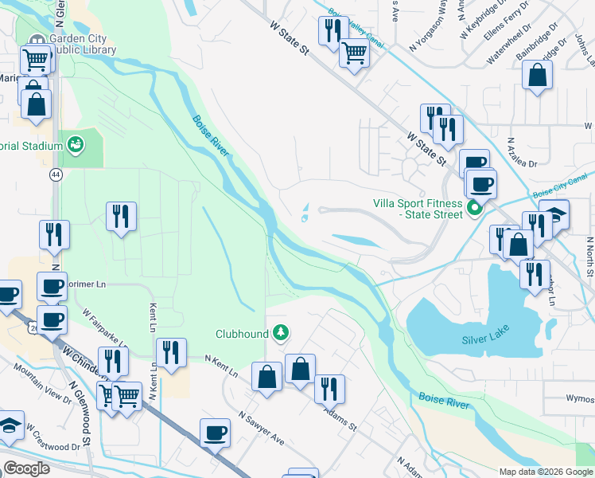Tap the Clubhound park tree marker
point(280,332)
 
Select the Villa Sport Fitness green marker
point(475,210)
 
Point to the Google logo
point(26,468)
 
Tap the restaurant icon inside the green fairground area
point(121,215)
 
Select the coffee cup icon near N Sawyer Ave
point(215,433)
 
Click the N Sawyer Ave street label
point(262,428)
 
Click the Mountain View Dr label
point(42,390)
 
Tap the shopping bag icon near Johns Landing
point(538,76)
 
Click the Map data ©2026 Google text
point(545,471)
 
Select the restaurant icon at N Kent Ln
point(171,351)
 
